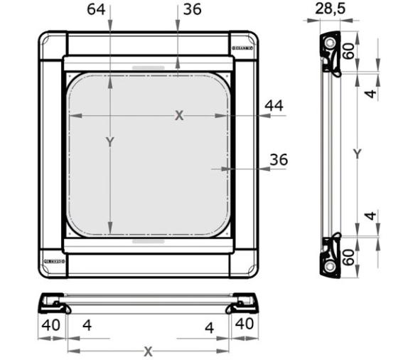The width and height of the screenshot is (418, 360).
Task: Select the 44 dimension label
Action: click(274, 105)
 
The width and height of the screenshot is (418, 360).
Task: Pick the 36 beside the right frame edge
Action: click(279, 160)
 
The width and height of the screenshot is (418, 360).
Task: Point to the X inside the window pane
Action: click(179, 115)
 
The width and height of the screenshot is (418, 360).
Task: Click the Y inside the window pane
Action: click(110, 142)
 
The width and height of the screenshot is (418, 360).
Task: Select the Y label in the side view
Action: click(358, 154)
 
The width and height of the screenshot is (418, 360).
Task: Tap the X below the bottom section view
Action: click(148, 351)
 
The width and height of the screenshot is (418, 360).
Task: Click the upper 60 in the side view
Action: click(350, 52)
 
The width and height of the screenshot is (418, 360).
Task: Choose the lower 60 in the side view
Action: click(350, 256)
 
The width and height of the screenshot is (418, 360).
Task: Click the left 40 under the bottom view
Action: click(50, 323)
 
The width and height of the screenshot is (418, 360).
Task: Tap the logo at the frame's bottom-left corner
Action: click(54, 262)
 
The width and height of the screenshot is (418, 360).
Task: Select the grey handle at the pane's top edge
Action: click(148, 70)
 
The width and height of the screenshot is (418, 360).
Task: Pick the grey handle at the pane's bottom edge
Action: click(148, 240)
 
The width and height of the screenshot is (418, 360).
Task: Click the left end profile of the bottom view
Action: click(54, 304)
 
